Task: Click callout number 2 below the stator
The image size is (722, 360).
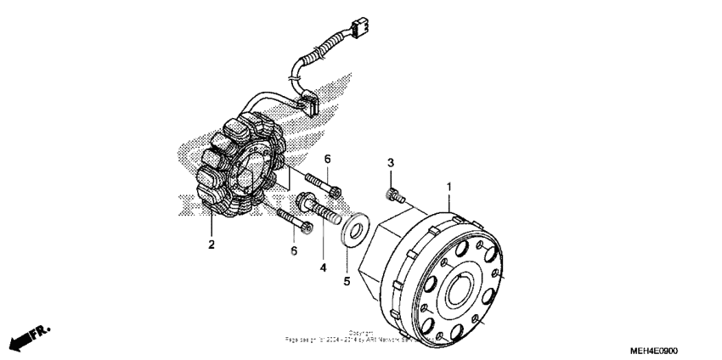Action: (x=212, y=245)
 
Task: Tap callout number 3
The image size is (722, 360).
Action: (x=390, y=162)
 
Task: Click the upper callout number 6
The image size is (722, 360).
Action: (x=327, y=159)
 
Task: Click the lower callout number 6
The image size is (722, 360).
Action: (x=294, y=250)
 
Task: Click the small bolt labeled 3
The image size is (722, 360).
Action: (x=393, y=196)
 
